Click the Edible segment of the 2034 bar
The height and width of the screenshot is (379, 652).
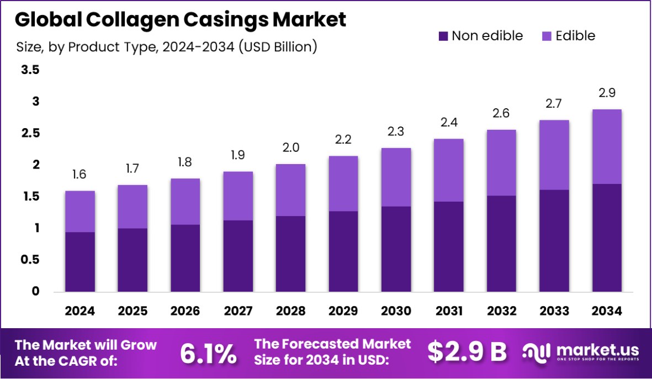607,146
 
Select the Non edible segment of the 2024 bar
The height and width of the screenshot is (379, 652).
79,262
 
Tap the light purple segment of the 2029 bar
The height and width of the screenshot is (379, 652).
343,183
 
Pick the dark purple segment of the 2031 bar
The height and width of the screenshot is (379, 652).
449,246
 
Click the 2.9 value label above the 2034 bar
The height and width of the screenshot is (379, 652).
607,93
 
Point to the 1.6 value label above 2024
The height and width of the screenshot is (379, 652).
79,175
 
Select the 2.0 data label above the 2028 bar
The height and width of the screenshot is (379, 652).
290,148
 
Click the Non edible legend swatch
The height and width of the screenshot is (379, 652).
443,36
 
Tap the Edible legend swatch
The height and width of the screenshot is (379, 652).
547,36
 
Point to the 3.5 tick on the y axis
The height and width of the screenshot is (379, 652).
31,70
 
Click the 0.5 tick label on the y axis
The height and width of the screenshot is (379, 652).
31,260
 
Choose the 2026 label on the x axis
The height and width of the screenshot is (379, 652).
185,311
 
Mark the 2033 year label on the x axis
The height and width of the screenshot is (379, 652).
554,311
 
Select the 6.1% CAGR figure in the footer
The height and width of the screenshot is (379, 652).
208,354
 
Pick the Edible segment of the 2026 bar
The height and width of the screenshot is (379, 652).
185,202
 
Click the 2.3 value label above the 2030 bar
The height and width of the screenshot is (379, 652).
396,132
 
